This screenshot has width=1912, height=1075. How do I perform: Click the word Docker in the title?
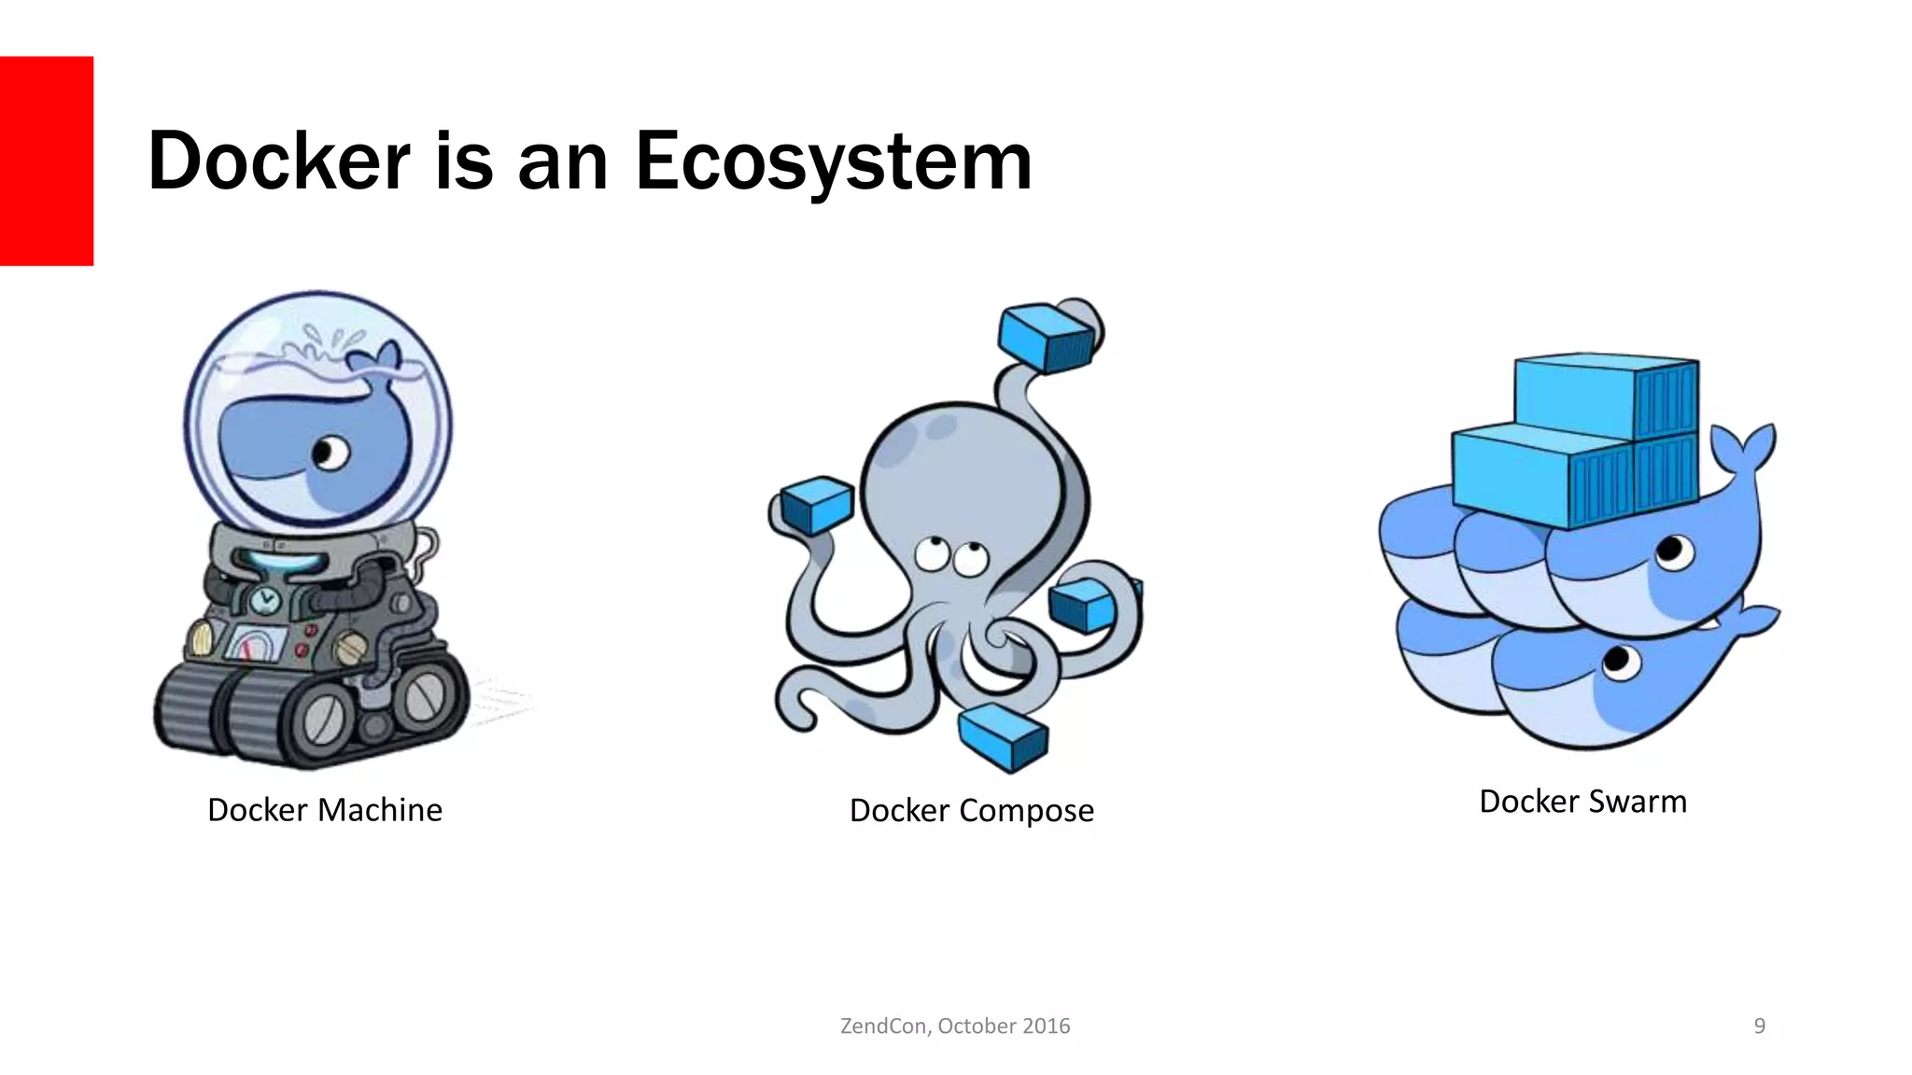click(278, 161)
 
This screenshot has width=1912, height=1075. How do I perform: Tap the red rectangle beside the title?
click(47, 161)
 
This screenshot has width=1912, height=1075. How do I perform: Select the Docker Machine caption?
click(324, 810)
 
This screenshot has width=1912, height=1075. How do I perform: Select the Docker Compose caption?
click(971, 811)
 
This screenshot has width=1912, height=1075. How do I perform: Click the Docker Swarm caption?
click(1582, 802)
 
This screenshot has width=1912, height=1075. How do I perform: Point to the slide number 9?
click(1759, 1026)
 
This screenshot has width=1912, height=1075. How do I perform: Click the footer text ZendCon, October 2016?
click(955, 1026)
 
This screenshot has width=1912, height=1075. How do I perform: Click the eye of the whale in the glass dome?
click(330, 454)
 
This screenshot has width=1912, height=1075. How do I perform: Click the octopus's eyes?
click(948, 556)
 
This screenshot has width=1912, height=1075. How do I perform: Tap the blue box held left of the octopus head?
click(816, 505)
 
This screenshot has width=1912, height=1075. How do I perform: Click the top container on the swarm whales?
click(1606, 397)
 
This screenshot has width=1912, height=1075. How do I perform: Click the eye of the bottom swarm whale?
click(1618, 663)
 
